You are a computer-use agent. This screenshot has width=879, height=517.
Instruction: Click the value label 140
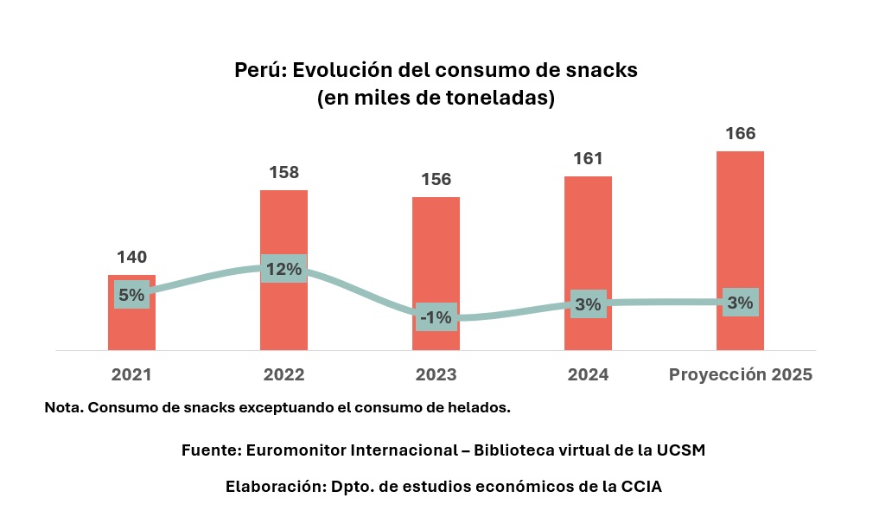click(x=131, y=257)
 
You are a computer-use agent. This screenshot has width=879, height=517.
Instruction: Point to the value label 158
click(x=283, y=172)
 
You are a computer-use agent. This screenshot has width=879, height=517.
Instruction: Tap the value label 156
click(x=436, y=179)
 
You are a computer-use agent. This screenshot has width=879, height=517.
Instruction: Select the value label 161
click(x=588, y=158)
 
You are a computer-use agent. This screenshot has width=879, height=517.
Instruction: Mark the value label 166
click(x=740, y=133)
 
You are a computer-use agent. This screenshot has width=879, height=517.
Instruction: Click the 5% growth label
click(x=131, y=295)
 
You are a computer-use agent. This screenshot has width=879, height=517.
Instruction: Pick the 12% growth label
click(x=283, y=269)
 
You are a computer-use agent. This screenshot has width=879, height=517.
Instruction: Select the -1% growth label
click(x=436, y=317)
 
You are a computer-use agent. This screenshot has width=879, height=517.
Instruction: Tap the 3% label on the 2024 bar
click(x=588, y=304)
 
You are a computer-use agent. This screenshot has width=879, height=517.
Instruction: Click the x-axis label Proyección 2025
click(x=741, y=375)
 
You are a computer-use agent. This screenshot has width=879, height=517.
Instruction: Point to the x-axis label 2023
click(x=436, y=375)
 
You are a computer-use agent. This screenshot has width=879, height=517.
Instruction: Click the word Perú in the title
click(x=259, y=71)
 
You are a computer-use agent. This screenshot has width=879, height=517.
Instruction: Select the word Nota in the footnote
click(x=62, y=407)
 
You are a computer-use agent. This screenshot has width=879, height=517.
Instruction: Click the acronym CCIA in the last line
click(x=640, y=487)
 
